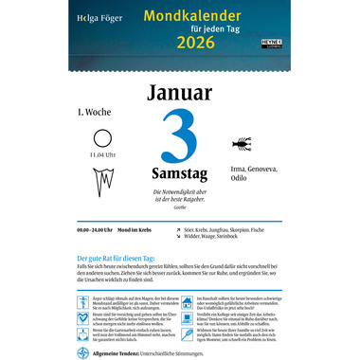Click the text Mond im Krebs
coord(142,230)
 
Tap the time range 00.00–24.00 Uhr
coord(99,230)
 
